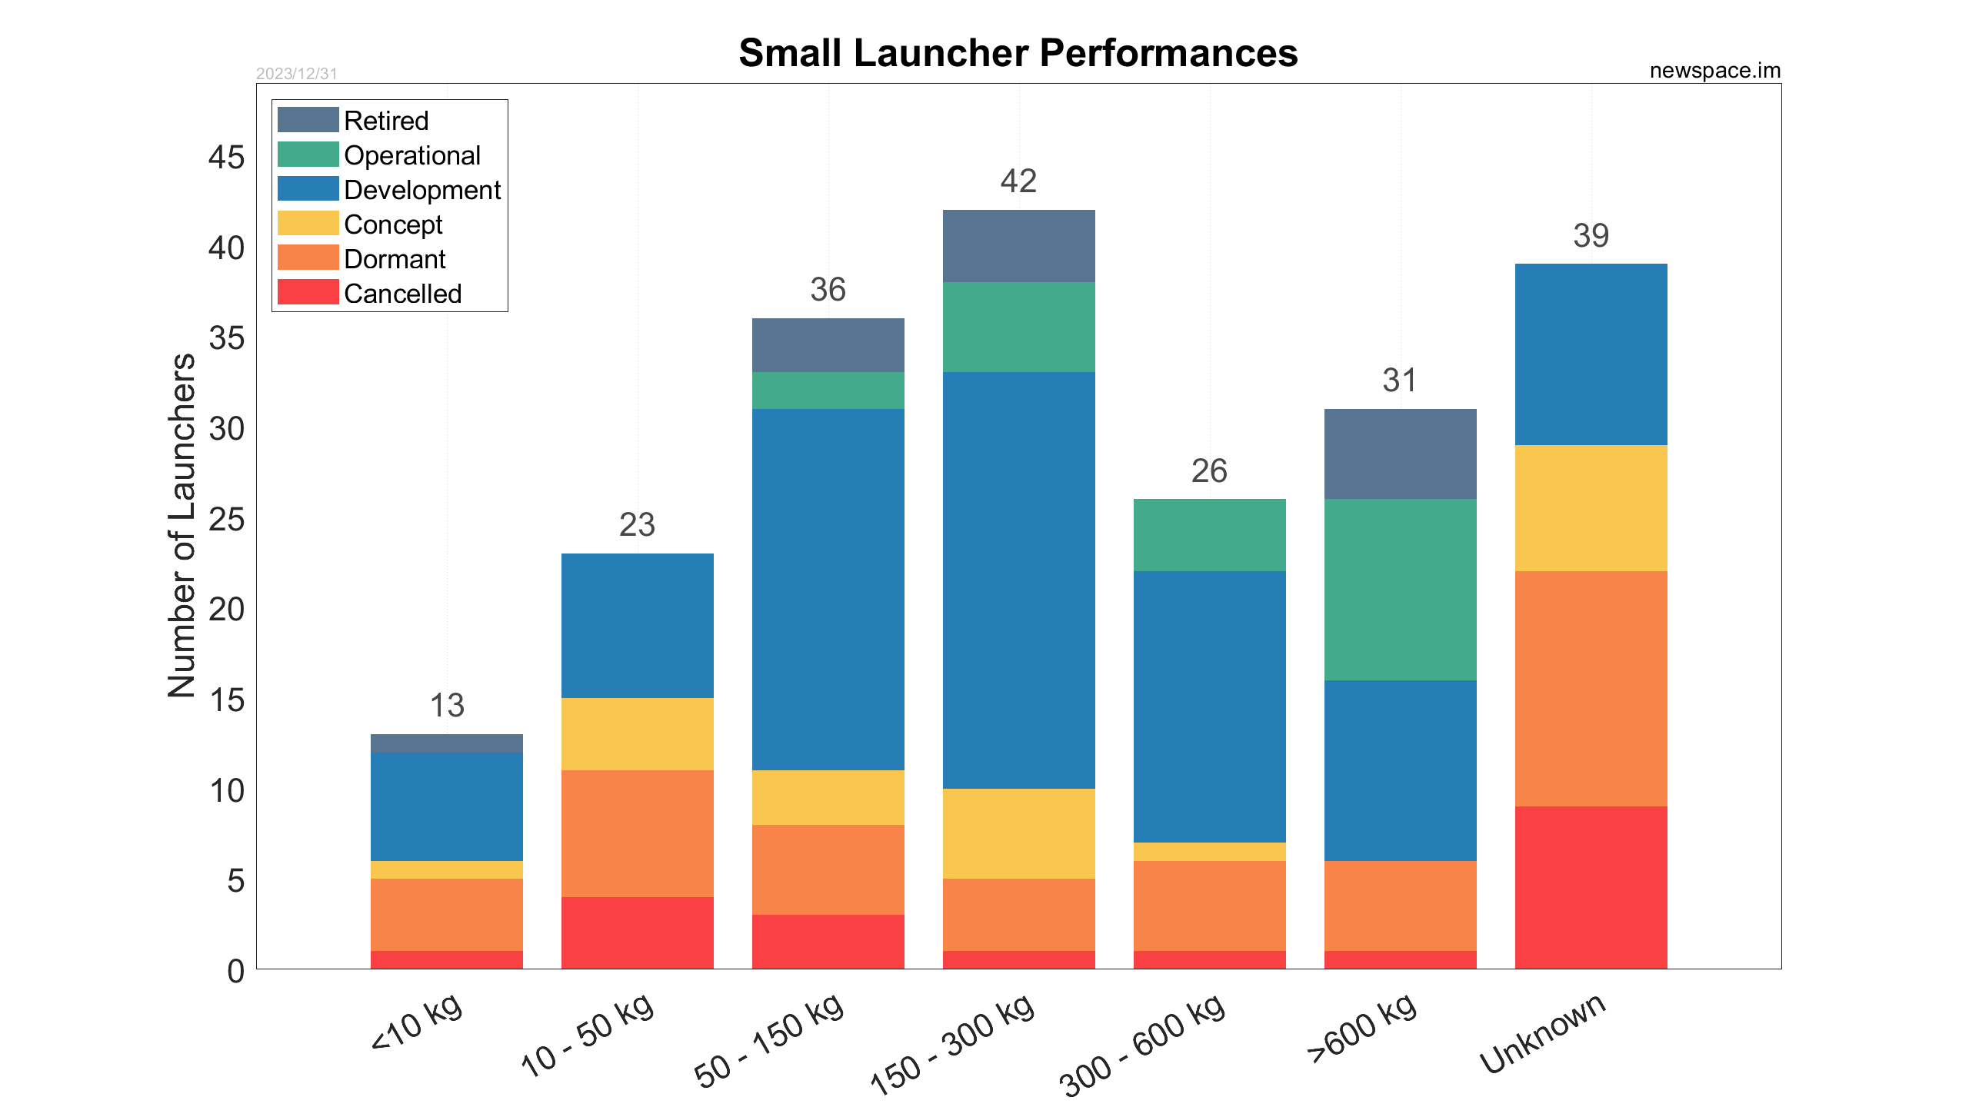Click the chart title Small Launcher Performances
click(x=1018, y=53)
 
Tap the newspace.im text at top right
click(x=1714, y=71)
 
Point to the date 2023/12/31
click(x=296, y=74)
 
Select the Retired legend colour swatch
click(x=308, y=120)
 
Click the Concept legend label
click(x=393, y=224)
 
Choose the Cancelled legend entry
click(x=402, y=294)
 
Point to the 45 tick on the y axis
click(x=226, y=158)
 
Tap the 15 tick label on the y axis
click(x=226, y=700)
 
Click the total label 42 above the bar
click(x=1018, y=181)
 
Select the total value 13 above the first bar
click(x=447, y=706)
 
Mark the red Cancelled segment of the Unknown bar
click(x=1591, y=887)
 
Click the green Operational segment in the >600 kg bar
click(x=1400, y=590)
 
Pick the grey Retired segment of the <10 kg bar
click(x=447, y=743)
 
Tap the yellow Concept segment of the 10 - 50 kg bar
click(x=637, y=734)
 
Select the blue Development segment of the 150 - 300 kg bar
click(x=1018, y=580)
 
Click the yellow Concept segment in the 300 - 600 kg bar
click(x=1209, y=852)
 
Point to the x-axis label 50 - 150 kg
click(x=769, y=1040)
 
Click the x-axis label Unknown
click(x=1542, y=1033)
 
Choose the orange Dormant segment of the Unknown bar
click(x=1591, y=688)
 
